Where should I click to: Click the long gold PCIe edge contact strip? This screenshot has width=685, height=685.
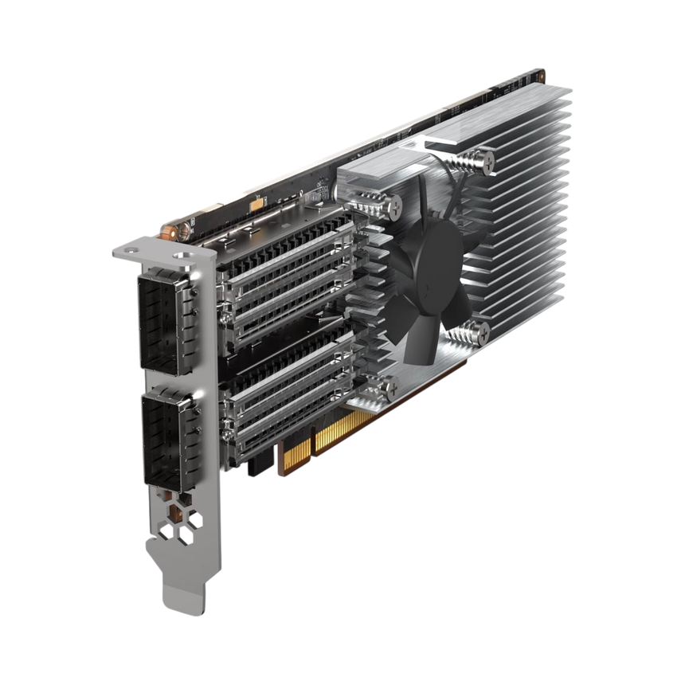point(343,433)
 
